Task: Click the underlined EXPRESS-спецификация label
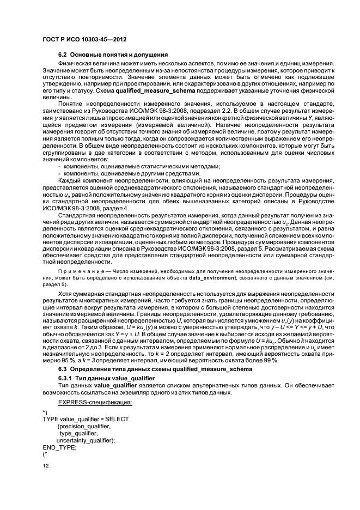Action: (89, 402)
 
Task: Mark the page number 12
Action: (46, 466)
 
